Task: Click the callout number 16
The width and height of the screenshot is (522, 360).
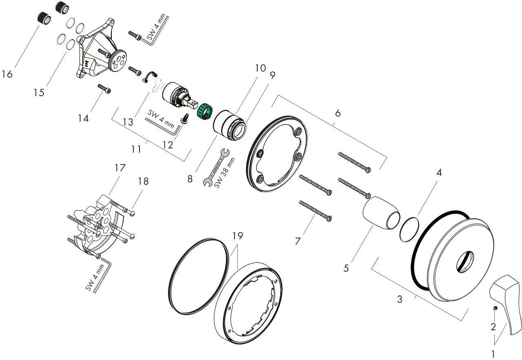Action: tap(7, 74)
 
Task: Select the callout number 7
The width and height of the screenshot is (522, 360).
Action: tap(298, 241)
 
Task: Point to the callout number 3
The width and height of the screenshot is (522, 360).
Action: tap(400, 299)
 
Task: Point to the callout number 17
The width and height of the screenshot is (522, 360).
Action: tap(120, 167)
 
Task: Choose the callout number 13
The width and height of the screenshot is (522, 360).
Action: tap(128, 122)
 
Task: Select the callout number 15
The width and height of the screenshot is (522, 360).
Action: tap(39, 93)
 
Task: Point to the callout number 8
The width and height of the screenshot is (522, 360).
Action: tap(190, 179)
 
